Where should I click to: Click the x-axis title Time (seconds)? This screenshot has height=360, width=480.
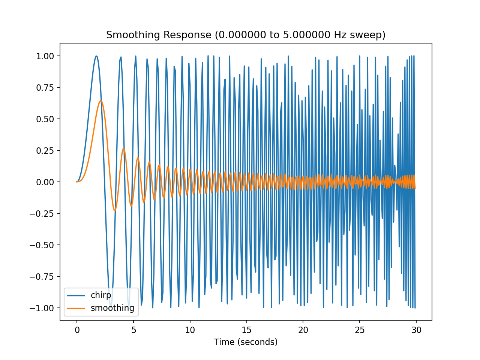[x=246, y=342]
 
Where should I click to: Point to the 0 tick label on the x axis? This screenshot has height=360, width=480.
[x=77, y=330]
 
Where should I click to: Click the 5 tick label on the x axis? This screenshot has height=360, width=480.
[x=133, y=330]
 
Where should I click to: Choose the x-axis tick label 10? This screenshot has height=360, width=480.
[x=190, y=330]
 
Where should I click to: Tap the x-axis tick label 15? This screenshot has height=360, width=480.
[x=246, y=330]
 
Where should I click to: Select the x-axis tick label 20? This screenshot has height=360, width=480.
[x=303, y=330]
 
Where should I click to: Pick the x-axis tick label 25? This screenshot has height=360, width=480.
[x=360, y=330]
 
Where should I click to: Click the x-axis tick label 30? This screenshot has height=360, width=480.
[x=416, y=330]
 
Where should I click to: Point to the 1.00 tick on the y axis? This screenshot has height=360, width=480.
[x=45, y=56]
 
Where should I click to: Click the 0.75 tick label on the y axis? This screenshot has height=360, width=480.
[x=45, y=88]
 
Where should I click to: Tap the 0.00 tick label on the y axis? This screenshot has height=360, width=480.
[x=45, y=182]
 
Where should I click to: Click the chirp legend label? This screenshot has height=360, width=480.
[x=101, y=295]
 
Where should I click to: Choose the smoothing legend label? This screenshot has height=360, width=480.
[x=112, y=308]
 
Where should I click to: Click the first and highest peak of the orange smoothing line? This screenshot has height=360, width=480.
[x=100, y=100]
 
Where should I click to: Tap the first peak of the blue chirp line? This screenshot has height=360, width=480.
[x=96, y=56]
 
